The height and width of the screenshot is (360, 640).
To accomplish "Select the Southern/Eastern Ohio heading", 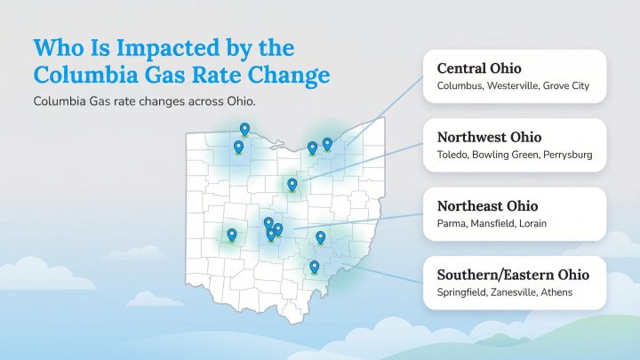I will pyautogui.click(x=513, y=275).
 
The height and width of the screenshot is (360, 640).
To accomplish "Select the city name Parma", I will pyautogui.click(x=452, y=224).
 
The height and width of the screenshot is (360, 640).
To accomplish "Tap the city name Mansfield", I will pyautogui.click(x=492, y=224).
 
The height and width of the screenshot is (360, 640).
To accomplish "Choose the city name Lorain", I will pyautogui.click(x=533, y=224).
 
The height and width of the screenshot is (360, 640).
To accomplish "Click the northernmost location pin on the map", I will pyautogui.click(x=245, y=130).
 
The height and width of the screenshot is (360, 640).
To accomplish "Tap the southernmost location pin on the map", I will pyautogui.click(x=314, y=267).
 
